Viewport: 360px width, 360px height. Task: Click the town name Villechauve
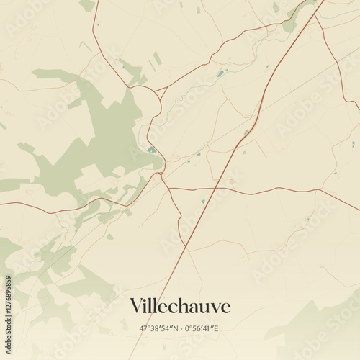tap(180, 306)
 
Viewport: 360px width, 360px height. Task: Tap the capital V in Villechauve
tap(136, 306)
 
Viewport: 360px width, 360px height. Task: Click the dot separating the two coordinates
tap(180, 328)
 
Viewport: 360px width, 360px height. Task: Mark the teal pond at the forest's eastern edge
tap(151, 150)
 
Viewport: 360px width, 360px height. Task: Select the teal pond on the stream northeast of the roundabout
tap(220, 73)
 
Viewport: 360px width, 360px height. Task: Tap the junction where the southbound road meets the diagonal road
tap(185, 247)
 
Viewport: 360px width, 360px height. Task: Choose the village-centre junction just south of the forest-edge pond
tap(163, 173)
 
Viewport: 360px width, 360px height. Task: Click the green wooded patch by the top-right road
tap(291, 25)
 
